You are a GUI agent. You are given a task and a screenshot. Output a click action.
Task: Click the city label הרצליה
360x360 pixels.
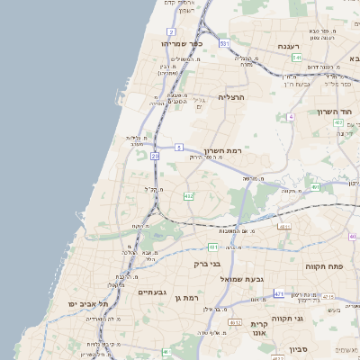tap(231, 96)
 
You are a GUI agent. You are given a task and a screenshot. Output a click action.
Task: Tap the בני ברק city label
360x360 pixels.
tap(207, 265)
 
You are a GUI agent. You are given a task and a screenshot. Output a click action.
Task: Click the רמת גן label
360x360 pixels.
tap(185, 297)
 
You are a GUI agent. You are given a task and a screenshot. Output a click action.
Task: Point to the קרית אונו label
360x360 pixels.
tap(259, 328)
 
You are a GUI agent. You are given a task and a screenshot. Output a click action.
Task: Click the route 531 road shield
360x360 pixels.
tap(223, 43)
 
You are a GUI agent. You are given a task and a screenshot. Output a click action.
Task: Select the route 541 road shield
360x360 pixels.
tap(296, 58)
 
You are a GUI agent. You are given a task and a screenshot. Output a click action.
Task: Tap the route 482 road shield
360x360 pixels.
tap(188, 195)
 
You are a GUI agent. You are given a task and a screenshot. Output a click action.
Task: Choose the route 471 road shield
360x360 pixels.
tap(279, 294)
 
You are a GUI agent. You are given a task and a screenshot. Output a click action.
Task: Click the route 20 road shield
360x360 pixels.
tap(155, 157)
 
